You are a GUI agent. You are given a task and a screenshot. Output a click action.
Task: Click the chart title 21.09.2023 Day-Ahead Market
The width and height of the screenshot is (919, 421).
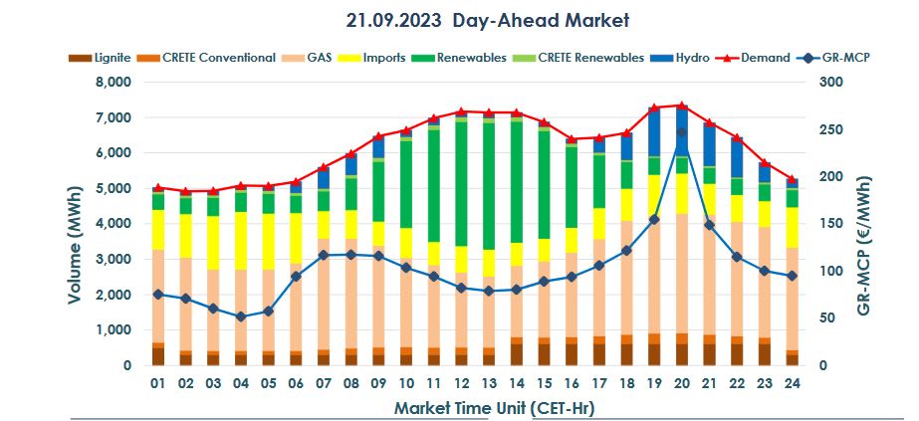[488, 20]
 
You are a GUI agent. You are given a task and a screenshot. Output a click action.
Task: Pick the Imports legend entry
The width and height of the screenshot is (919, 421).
[382, 58]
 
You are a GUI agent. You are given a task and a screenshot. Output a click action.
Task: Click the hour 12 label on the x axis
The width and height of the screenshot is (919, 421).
[461, 383]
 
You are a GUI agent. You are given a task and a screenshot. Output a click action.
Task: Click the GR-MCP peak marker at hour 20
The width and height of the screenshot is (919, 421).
[681, 132]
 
